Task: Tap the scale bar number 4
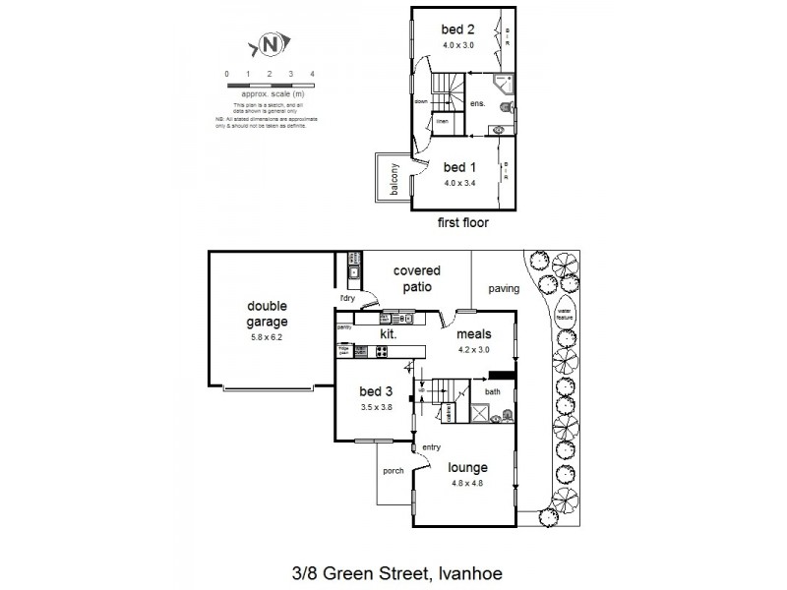(x=312, y=75)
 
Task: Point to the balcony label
(x=393, y=179)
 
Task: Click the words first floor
(x=462, y=223)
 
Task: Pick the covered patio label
(x=417, y=278)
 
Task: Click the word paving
(x=504, y=289)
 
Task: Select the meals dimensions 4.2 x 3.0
(x=474, y=349)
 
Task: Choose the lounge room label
(x=468, y=468)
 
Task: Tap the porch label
(x=393, y=471)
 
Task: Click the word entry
(x=431, y=447)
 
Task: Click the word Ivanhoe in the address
(x=471, y=570)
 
